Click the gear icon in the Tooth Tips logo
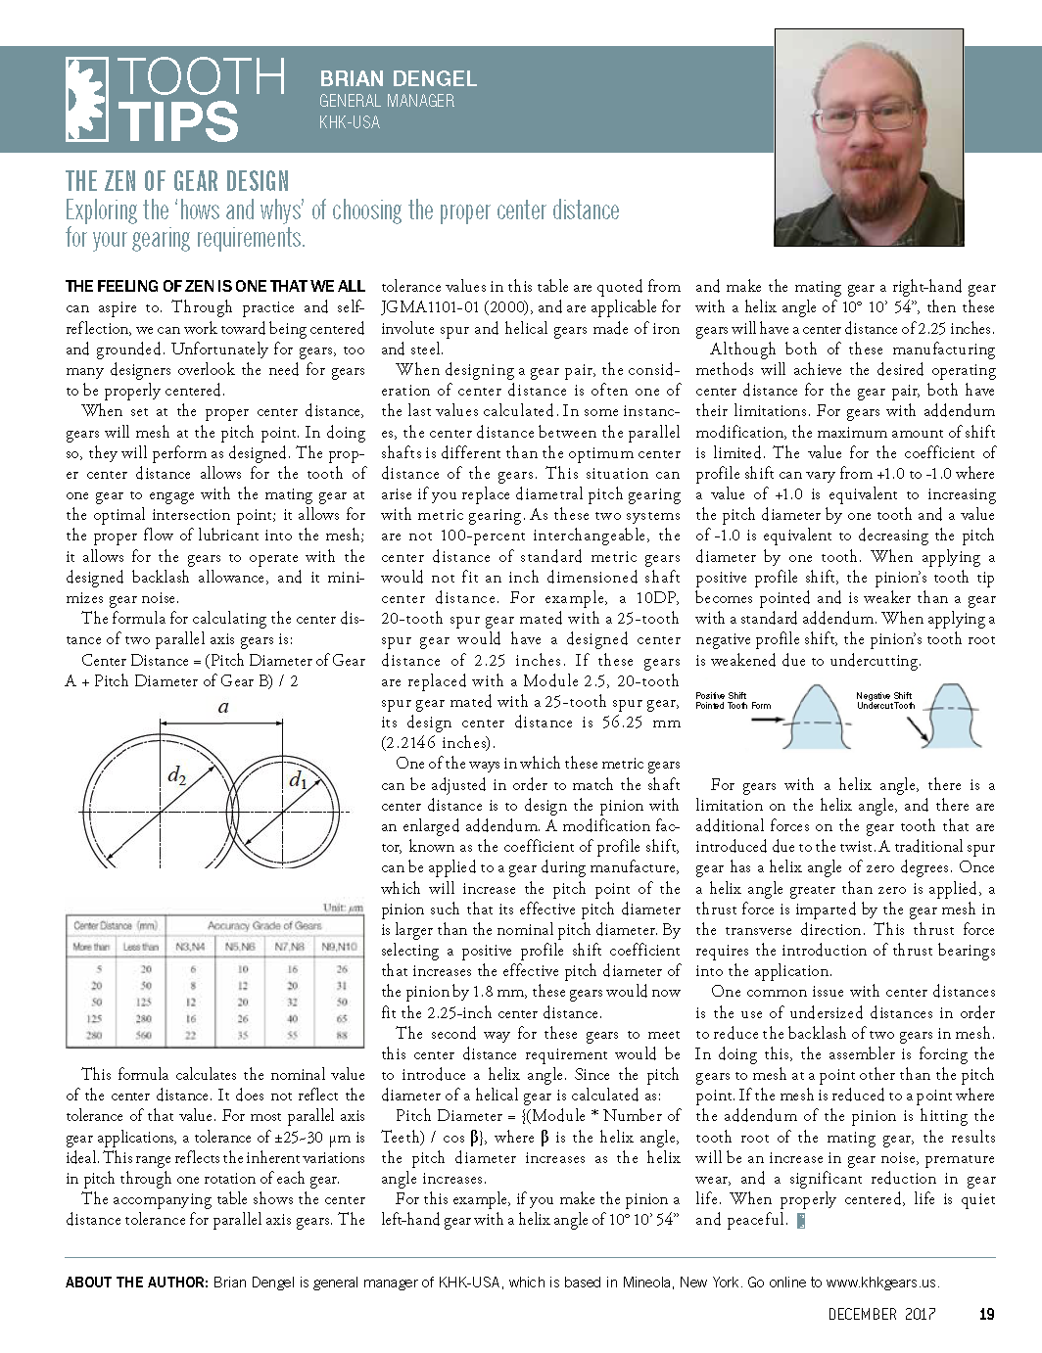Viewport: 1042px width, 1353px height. pyautogui.click(x=86, y=99)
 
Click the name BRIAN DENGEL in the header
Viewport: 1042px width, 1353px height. pyautogui.click(x=398, y=79)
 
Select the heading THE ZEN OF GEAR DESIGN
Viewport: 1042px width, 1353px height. pyautogui.click(x=177, y=181)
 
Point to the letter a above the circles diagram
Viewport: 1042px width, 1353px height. pyautogui.click(x=224, y=706)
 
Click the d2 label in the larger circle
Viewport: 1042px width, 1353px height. pyautogui.click(x=177, y=776)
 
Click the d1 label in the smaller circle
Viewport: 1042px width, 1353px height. pyautogui.click(x=299, y=780)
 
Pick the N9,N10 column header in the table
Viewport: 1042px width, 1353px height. pyautogui.click(x=340, y=947)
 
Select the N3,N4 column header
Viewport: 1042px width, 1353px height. pyautogui.click(x=190, y=947)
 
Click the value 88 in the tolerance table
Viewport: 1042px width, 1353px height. pyautogui.click(x=342, y=1035)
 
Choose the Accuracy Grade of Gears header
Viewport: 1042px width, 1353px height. pyautogui.click(x=264, y=925)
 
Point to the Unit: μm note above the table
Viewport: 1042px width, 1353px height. pyautogui.click(x=343, y=908)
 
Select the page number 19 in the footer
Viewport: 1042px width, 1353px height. pyautogui.click(x=986, y=1314)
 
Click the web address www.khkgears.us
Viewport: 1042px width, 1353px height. pyautogui.click(x=882, y=1282)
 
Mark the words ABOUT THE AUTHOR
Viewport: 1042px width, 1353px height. pyautogui.click(x=136, y=1282)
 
